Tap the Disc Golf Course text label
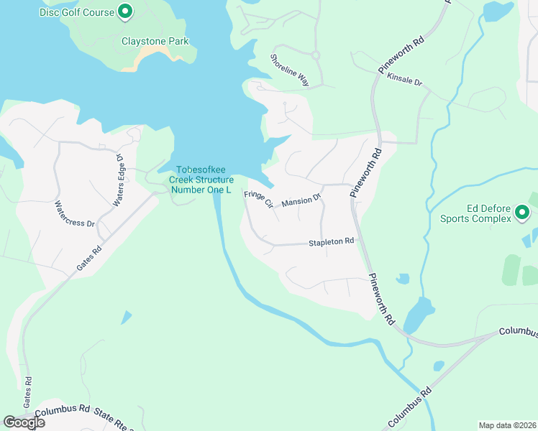[77, 12]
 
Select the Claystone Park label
[155, 41]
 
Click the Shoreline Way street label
[290, 70]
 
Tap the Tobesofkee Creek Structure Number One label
[201, 180]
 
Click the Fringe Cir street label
[259, 199]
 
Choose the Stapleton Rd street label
[332, 242]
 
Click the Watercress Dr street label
[75, 213]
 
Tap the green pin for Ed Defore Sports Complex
[522, 212]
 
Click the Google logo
[24, 422]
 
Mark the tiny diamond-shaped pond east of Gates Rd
[127, 316]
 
